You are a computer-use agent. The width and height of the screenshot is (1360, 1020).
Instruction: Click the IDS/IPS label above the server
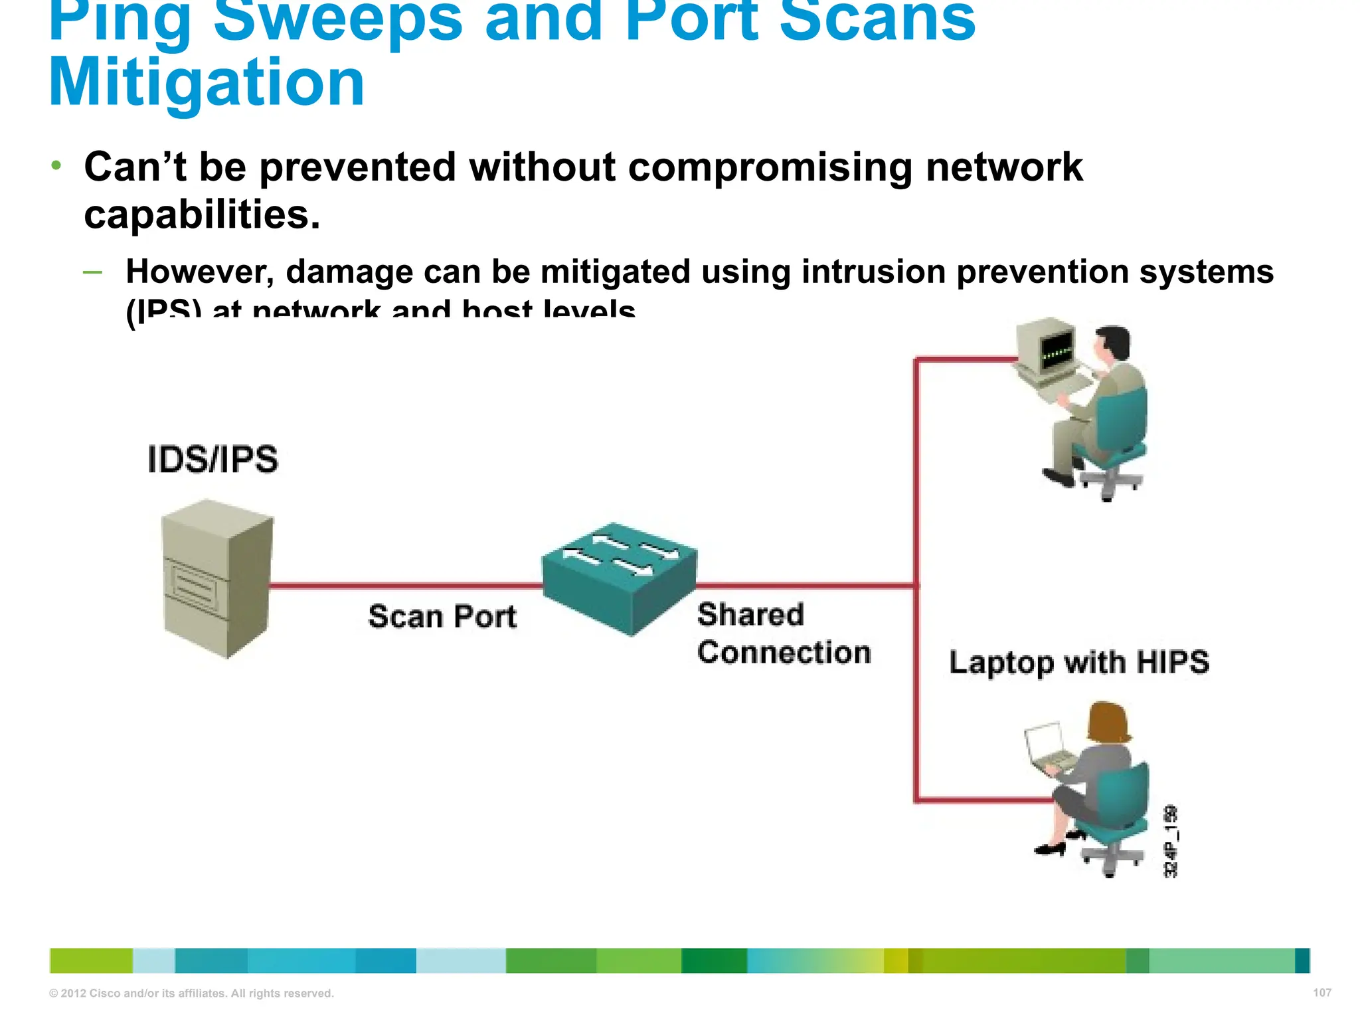click(x=212, y=460)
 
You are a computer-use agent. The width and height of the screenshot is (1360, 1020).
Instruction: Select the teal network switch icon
click(x=620, y=578)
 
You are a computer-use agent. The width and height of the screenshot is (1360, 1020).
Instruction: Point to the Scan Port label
click(x=442, y=616)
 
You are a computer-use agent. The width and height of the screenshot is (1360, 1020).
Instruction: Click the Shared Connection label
click(x=784, y=634)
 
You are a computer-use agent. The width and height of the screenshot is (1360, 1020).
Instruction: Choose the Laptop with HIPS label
click(x=1079, y=662)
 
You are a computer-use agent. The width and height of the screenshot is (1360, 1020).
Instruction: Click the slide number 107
click(x=1322, y=993)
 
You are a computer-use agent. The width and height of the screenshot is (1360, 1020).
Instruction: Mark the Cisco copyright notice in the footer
click(x=191, y=993)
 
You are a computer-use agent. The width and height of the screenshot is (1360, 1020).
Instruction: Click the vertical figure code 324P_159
click(x=1171, y=841)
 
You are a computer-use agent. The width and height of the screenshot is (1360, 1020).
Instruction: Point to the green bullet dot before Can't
click(x=57, y=165)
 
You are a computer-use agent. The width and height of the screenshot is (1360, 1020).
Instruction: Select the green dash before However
click(x=93, y=272)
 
